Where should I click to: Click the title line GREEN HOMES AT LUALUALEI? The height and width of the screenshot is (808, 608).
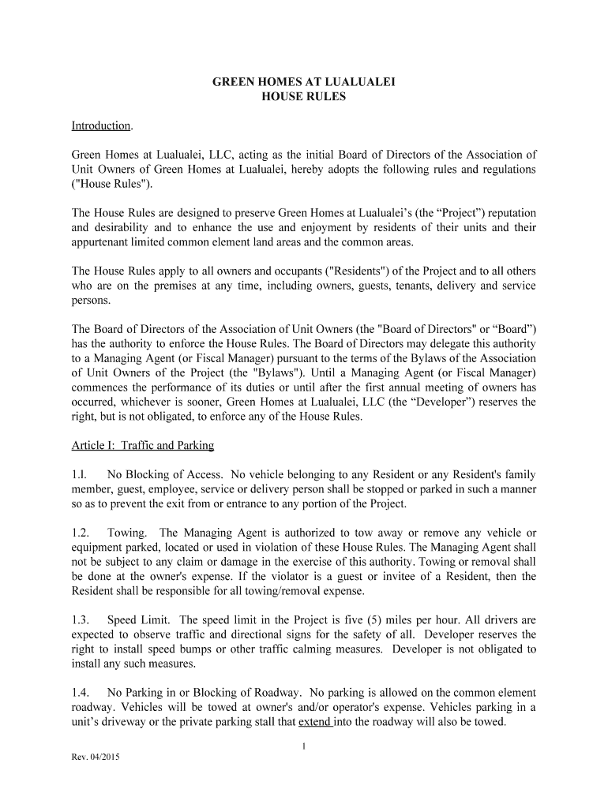pos(304,82)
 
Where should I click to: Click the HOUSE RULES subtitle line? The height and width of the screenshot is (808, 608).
pos(304,97)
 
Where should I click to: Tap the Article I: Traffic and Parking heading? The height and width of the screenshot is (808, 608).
pos(143,446)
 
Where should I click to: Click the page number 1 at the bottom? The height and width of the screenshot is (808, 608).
pos(304,746)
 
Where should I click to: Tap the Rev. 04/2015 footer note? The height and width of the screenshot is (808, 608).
pos(95,757)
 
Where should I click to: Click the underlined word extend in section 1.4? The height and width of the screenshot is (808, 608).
pos(314,721)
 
